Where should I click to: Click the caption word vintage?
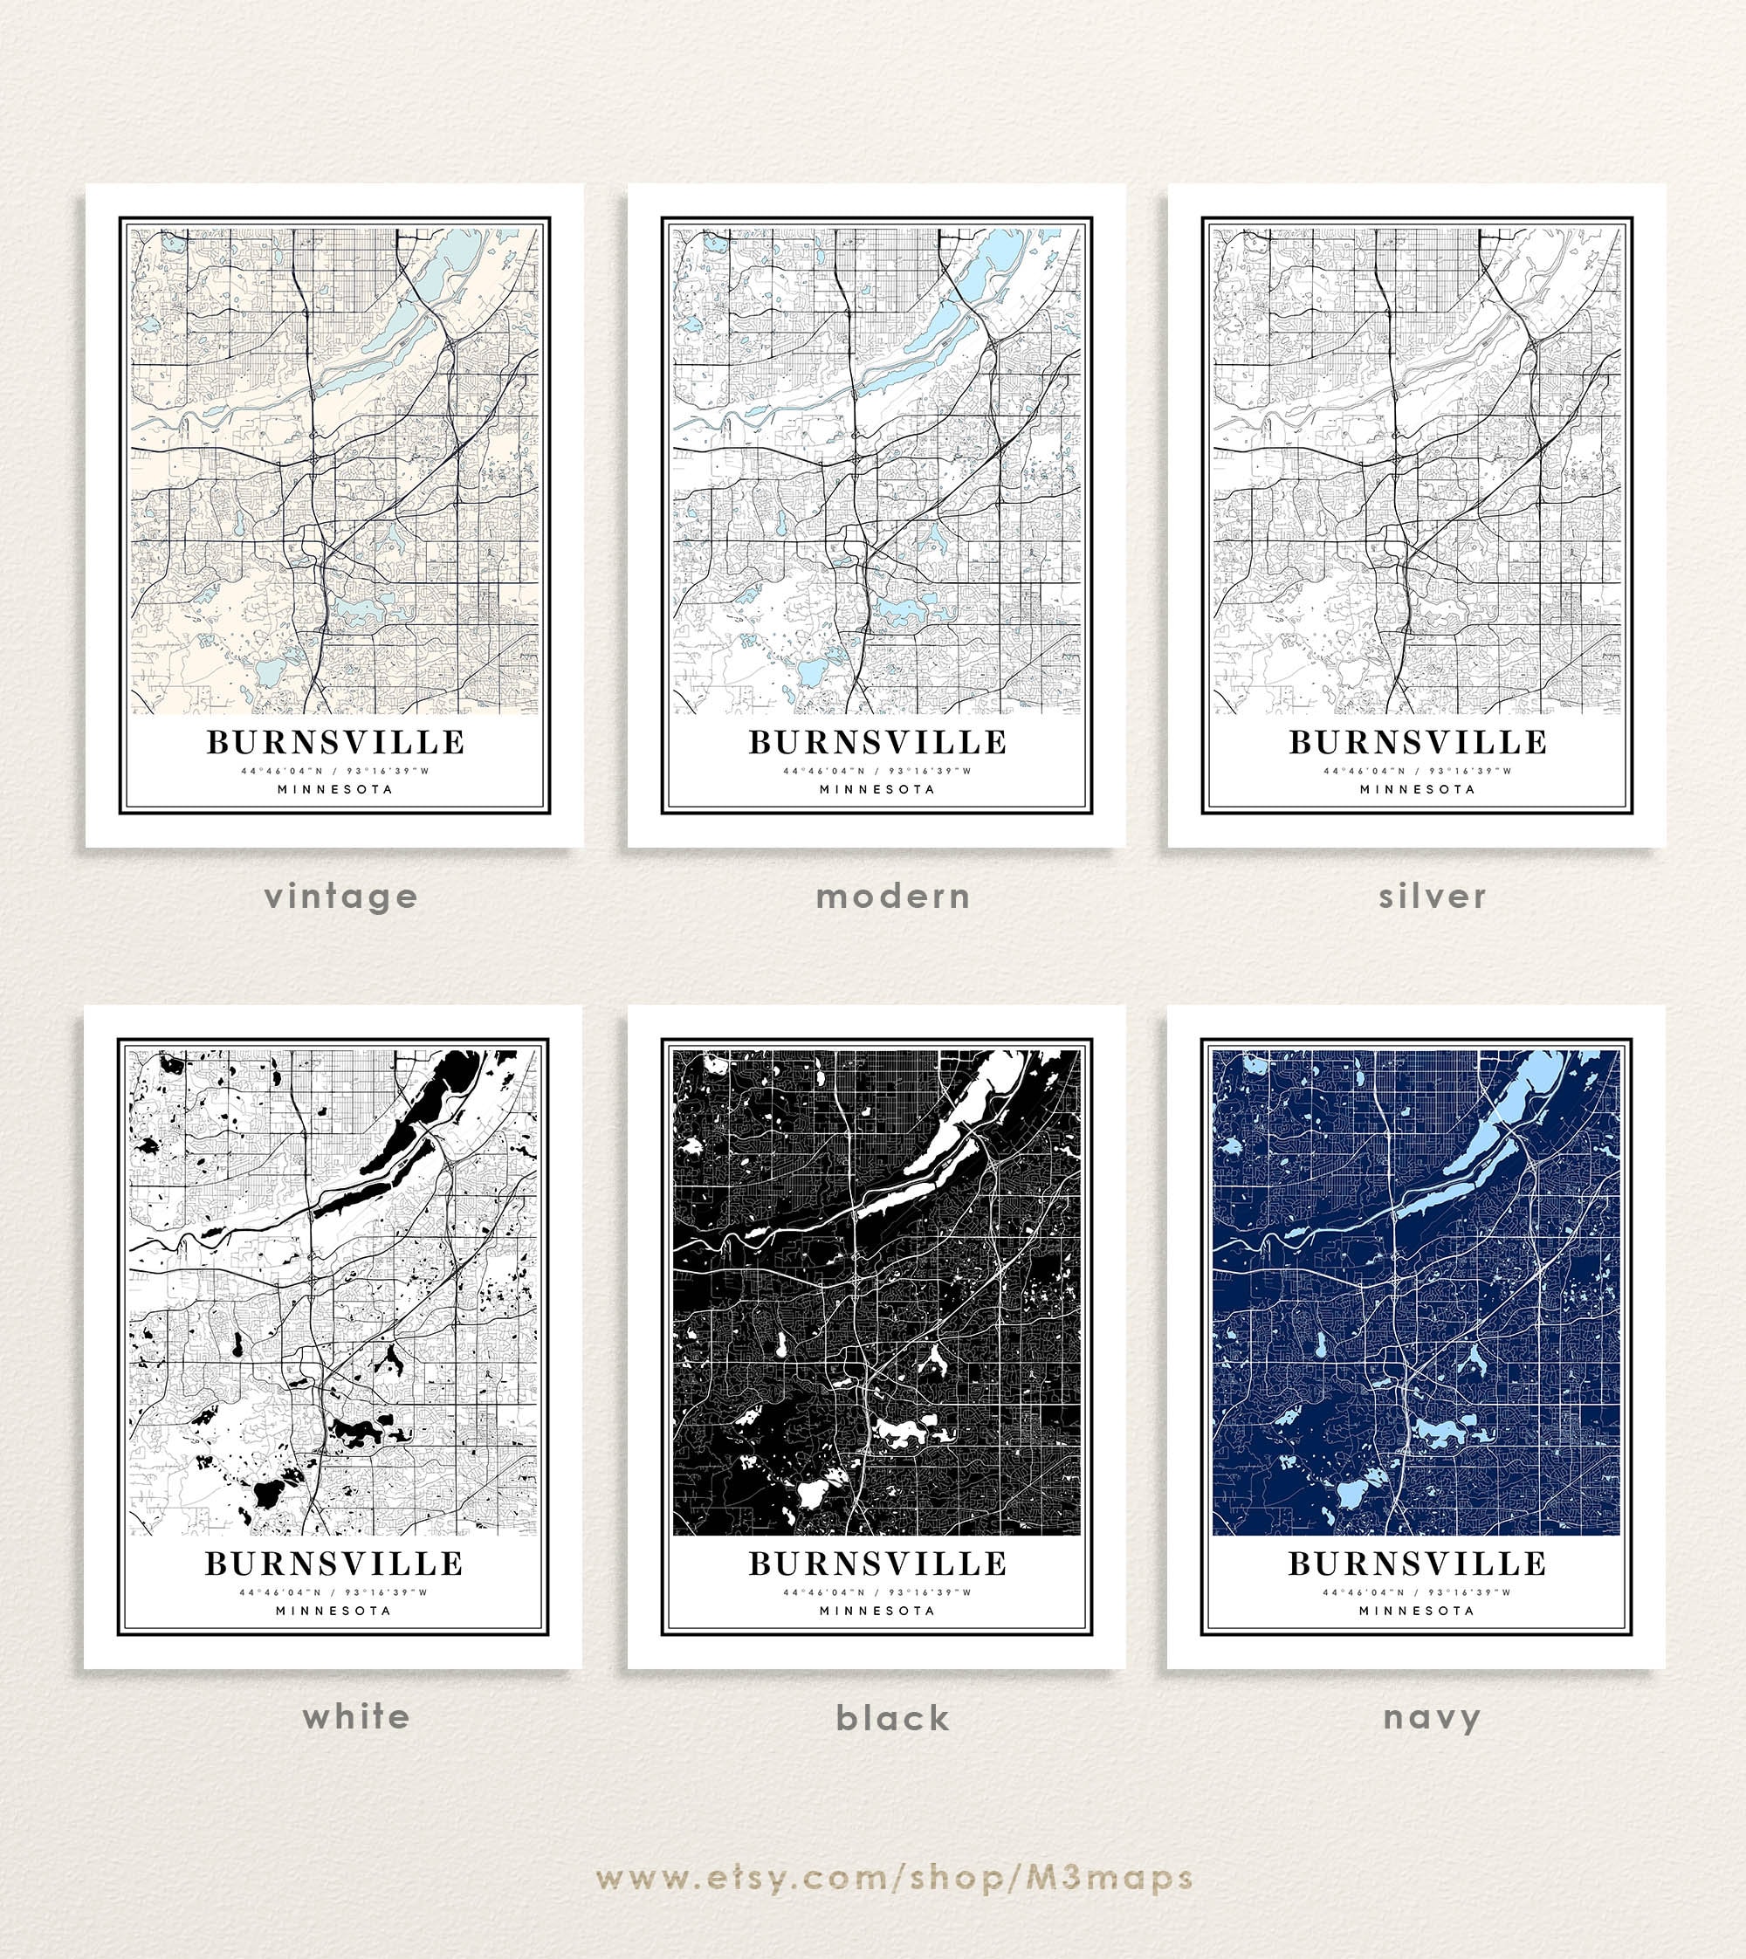(x=340, y=897)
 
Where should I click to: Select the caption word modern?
(x=892, y=897)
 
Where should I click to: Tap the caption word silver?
(x=1433, y=897)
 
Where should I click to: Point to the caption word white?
(x=356, y=1716)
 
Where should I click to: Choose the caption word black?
(x=892, y=1718)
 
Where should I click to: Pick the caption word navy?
(x=1433, y=1718)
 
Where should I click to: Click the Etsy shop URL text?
(x=894, y=1878)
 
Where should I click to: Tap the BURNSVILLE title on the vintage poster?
(x=336, y=743)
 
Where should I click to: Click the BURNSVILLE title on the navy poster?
(x=1417, y=1564)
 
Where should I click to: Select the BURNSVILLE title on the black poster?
(x=877, y=1564)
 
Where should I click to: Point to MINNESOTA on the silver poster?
(x=1417, y=789)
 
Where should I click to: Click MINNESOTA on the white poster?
(x=333, y=1611)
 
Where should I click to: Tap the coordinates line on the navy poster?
(x=1417, y=1592)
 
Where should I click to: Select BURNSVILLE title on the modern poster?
(x=877, y=743)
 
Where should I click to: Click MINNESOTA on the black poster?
(x=877, y=1611)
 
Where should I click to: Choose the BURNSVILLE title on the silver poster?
(x=1417, y=743)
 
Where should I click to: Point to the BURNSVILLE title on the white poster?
(x=333, y=1564)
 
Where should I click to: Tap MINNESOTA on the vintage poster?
(x=336, y=789)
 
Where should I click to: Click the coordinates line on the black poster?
(x=877, y=1592)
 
